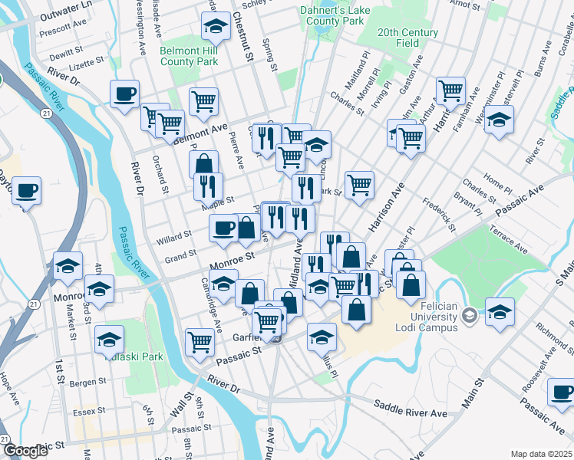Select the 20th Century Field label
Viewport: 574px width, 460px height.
[x=407, y=38]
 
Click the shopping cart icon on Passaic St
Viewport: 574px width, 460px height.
[x=200, y=340]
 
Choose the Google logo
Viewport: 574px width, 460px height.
[x=26, y=451]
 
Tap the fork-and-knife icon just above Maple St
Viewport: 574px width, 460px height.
[x=208, y=185]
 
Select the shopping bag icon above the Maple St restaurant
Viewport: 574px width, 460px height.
[x=204, y=163]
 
